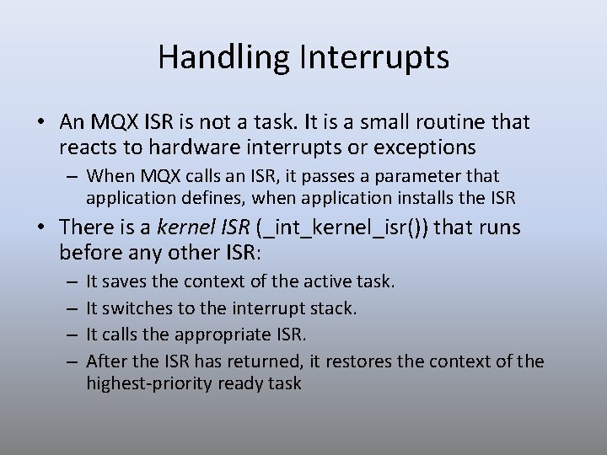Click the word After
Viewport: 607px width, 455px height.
tap(105, 361)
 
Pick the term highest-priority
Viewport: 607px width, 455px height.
tap(150, 383)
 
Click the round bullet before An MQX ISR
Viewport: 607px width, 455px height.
tap(41, 123)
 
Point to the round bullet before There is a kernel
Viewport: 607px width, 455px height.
tap(41, 227)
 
